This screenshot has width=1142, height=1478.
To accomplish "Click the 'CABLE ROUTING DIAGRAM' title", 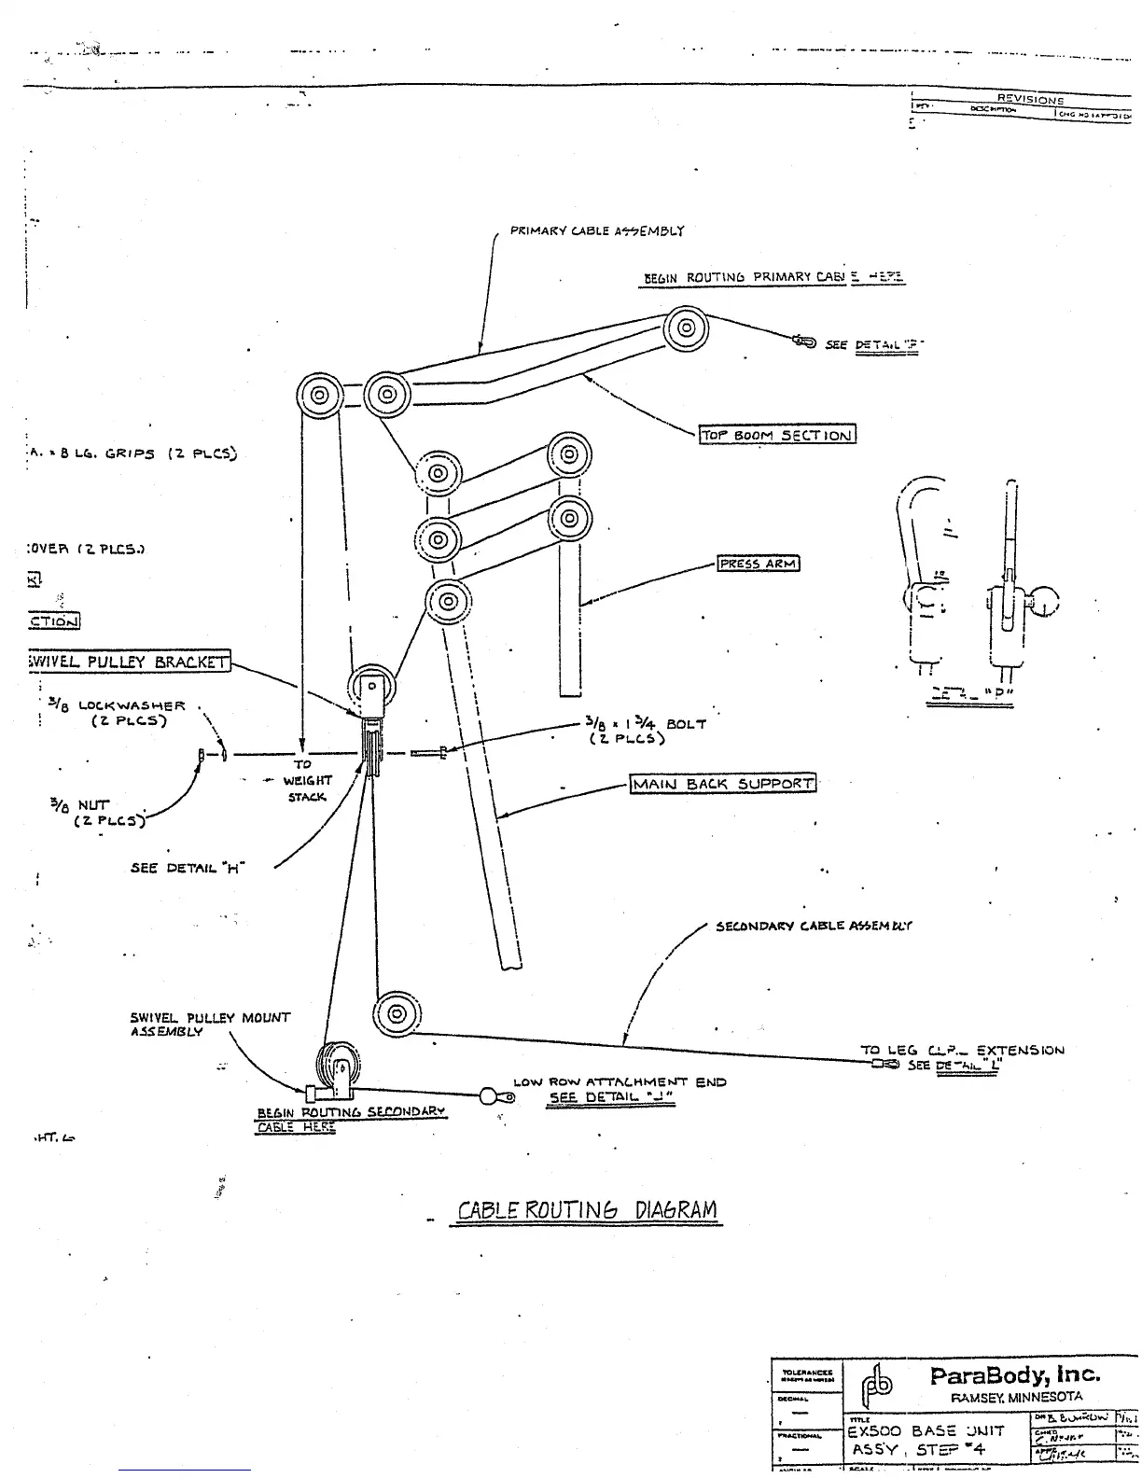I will (588, 1211).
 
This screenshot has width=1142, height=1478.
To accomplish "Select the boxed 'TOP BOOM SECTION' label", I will (777, 435).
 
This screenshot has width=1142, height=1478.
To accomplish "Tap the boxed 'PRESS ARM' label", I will (759, 564).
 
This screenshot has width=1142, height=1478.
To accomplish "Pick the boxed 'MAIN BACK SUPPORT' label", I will (722, 784).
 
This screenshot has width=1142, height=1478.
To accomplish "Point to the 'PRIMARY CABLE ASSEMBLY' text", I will (597, 230).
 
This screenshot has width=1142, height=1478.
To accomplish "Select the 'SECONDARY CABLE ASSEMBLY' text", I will (814, 927).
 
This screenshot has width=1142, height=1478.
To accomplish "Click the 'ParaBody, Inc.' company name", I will (1015, 1375).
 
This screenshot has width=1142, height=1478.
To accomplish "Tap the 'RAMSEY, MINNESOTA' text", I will (1016, 1398).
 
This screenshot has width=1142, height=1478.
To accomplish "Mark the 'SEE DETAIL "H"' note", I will (187, 868).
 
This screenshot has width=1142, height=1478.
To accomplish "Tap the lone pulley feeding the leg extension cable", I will (397, 1013).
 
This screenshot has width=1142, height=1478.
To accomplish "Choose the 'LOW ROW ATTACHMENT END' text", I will (619, 1082).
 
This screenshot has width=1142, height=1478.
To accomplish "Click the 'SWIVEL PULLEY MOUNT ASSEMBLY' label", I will (209, 1025).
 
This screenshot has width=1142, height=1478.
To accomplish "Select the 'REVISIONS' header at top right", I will (1030, 99).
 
